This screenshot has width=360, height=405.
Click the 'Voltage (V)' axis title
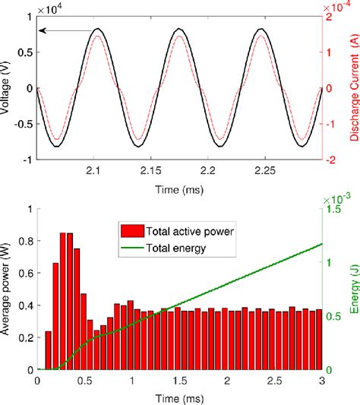point(10,88)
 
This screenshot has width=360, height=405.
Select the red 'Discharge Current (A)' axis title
point(352,88)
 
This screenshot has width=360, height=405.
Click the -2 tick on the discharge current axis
point(332,160)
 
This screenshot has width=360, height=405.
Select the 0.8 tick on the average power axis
point(27,241)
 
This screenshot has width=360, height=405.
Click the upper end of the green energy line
point(321,244)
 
